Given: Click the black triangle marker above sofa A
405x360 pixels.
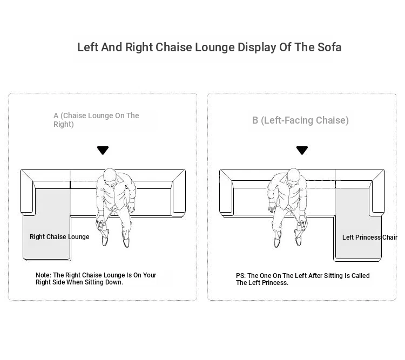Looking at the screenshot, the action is point(103,150).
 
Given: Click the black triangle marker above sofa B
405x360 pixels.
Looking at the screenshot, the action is point(302,150).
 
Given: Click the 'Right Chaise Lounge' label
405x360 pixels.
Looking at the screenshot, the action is point(59,237).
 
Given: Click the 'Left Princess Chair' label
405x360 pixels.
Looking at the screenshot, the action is point(370,237).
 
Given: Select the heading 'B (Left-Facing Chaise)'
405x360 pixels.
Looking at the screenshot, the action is point(300,120).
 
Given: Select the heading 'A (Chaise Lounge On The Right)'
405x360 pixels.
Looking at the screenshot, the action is point(96,120).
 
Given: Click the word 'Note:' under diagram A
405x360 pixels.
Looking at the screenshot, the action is point(43,275).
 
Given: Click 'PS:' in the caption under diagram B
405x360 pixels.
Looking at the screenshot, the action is point(241,276).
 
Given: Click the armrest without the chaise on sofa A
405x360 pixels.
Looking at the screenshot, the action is point(179,192).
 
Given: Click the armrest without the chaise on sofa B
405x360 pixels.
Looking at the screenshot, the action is point(226,192).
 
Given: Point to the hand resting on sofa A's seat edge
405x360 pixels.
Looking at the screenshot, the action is point(131,207).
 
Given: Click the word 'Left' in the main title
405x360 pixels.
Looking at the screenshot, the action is point(87,47).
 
